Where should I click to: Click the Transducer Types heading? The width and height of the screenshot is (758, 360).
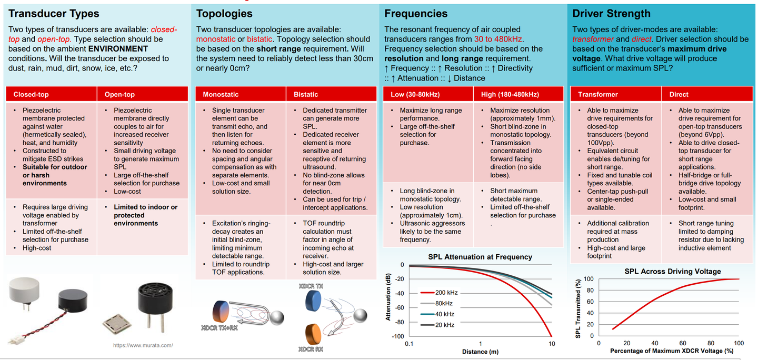coord(54,14)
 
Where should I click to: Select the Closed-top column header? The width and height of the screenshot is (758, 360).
coord(31,95)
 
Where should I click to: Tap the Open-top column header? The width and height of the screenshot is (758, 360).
coord(119,95)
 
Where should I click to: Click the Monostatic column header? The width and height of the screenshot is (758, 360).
coord(221,95)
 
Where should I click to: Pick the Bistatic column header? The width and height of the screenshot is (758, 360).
coord(306,95)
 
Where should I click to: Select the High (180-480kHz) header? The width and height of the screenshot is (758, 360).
coord(510,95)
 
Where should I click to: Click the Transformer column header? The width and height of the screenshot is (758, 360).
coord(598,95)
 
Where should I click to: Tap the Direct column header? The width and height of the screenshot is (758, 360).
coord(679,95)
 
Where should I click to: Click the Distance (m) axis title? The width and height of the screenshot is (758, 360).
coord(480,352)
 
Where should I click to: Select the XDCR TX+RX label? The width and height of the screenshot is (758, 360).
coord(218,328)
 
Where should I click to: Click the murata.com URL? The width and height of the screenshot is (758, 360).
coord(143,345)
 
